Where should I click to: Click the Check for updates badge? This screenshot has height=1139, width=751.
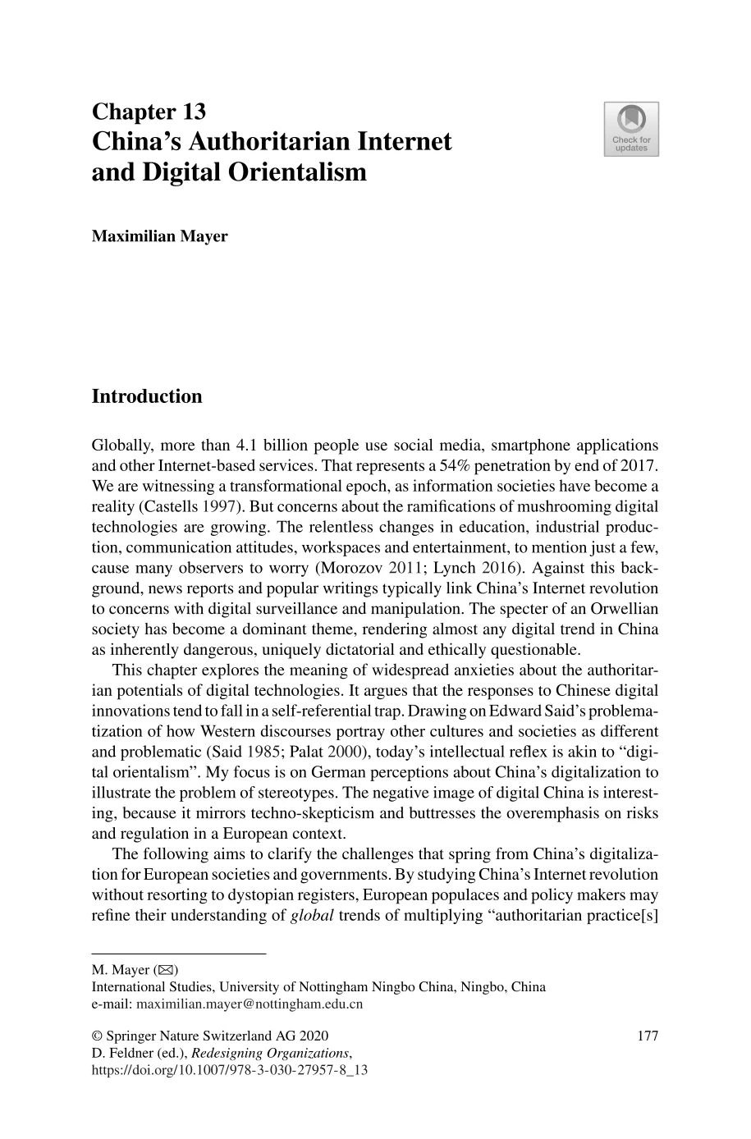(630, 129)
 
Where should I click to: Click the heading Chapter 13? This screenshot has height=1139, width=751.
(149, 112)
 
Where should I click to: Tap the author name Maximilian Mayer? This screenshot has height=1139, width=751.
(159, 236)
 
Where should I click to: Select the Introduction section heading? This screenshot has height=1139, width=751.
(146, 396)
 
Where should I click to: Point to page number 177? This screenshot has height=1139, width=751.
(648, 1036)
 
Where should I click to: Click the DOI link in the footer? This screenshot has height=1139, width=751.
(229, 1070)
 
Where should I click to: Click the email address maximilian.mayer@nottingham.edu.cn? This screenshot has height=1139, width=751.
(250, 1004)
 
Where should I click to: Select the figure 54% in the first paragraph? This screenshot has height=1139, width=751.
(432, 466)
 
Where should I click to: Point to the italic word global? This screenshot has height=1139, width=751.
(312, 916)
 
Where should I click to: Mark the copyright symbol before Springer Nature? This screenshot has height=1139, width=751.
(96, 1036)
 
